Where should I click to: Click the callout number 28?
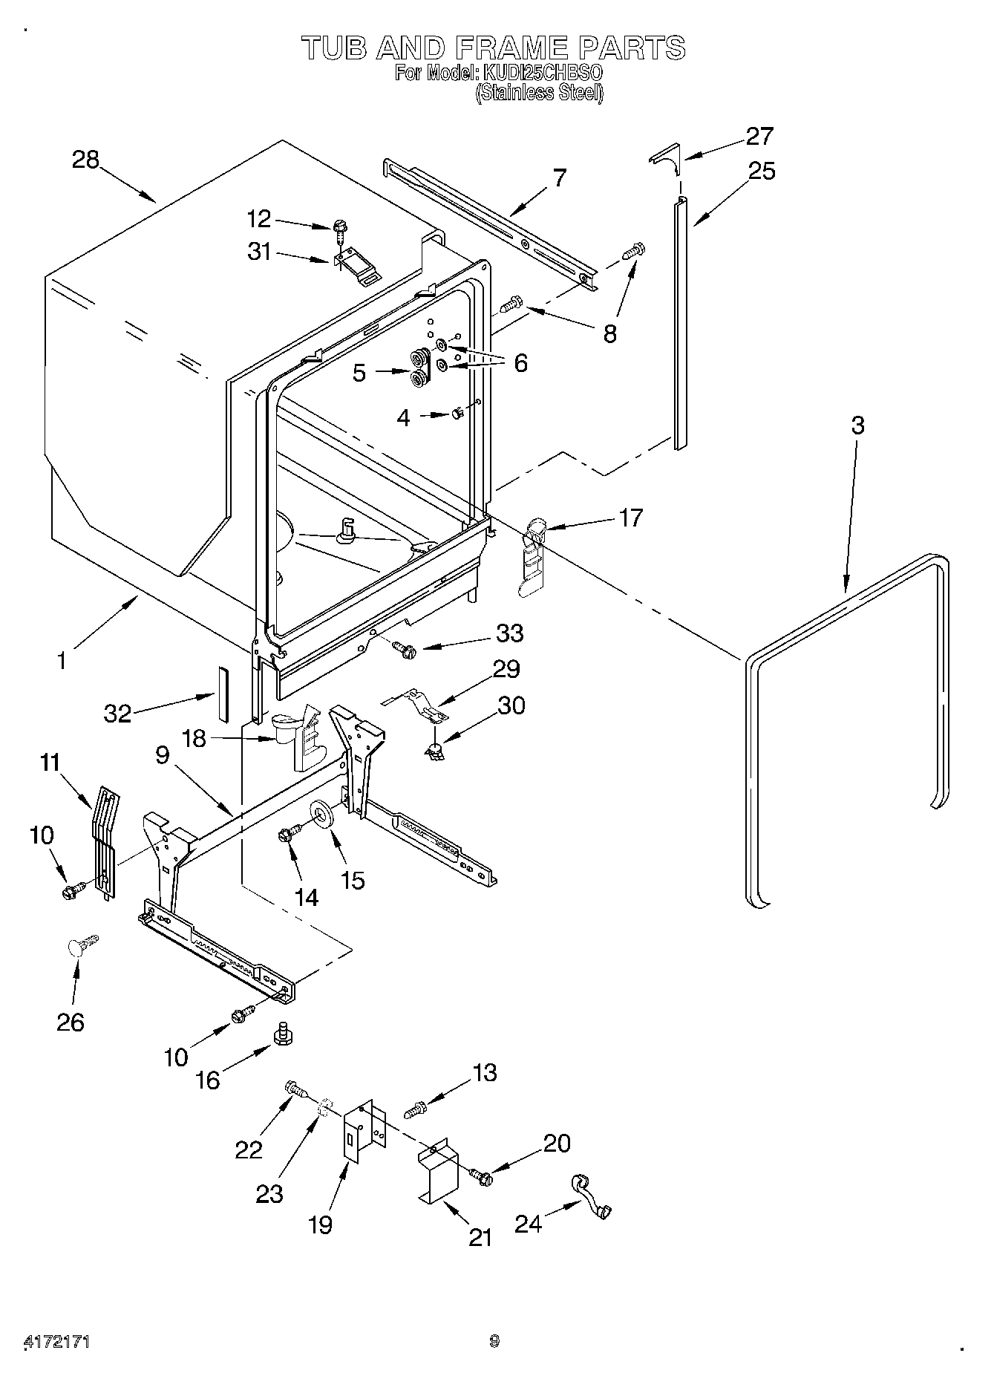(x=85, y=160)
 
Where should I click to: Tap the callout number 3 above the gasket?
(x=857, y=425)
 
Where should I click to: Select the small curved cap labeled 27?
(x=664, y=154)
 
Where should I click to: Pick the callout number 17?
(x=631, y=517)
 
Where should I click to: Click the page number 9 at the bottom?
(x=494, y=1341)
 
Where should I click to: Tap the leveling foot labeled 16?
(x=281, y=1034)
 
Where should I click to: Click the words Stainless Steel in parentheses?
(x=539, y=93)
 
